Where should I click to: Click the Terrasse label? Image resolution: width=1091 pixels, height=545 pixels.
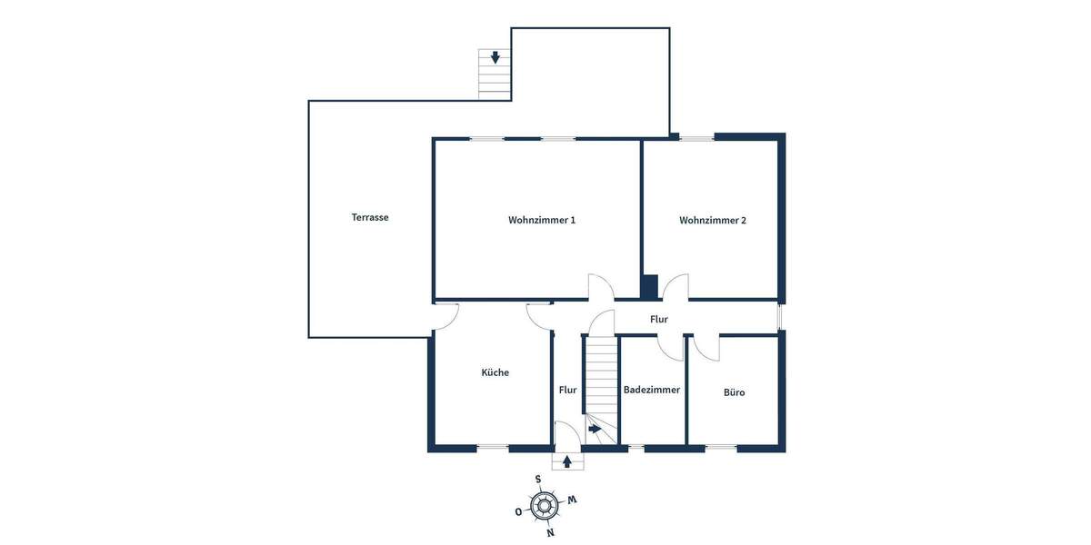pos(370,217)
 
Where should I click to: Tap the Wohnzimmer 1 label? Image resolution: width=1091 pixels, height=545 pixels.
pos(542,220)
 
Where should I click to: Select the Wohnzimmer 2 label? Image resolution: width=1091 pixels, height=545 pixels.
pos(713,220)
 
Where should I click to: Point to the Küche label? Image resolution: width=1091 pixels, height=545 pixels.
pos(495,372)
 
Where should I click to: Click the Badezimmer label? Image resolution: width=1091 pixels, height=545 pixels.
pos(652,390)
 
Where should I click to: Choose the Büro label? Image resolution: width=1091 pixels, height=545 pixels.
pos(735,392)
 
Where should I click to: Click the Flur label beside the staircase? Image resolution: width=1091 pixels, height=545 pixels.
pos(568,390)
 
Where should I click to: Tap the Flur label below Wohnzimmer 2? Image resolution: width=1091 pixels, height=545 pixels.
pos(659,320)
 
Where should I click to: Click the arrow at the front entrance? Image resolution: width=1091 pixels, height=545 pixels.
pos(568,461)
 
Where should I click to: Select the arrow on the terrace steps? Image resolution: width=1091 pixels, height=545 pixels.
pos(495,57)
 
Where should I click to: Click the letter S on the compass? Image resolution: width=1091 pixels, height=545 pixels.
pos(538,479)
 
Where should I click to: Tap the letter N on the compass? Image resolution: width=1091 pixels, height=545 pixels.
pos(550,532)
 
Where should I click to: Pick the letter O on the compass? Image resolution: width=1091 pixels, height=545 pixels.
pos(518,511)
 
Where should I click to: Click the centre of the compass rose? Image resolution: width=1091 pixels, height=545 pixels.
pos(544,505)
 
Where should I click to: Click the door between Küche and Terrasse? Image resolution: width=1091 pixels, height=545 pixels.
pos(445,314)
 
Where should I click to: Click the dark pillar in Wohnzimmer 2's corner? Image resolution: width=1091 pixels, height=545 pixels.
pos(650,286)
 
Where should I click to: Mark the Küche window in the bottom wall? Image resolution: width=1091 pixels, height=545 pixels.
pos(493,447)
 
